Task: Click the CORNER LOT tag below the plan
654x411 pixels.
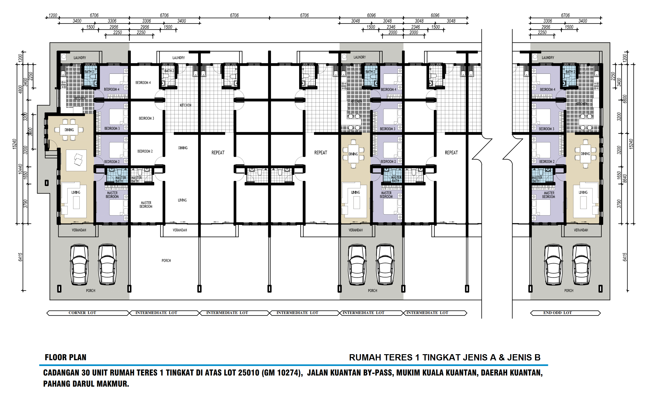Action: click(x=82, y=313)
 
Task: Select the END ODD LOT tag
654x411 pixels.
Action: click(x=558, y=313)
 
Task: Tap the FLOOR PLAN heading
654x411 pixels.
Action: click(x=65, y=357)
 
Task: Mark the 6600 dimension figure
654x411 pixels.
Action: click(x=625, y=99)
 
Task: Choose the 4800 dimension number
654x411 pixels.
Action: click(x=20, y=89)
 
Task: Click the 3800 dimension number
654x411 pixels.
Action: click(x=30, y=132)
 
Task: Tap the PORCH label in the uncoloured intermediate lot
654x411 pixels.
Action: click(x=166, y=260)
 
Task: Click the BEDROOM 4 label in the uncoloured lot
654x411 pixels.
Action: click(x=143, y=83)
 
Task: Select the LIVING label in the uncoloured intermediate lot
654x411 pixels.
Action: click(x=182, y=200)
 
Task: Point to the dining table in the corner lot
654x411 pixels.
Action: click(x=69, y=130)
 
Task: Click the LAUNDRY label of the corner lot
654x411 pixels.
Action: click(x=80, y=58)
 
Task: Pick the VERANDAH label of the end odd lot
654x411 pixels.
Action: click(x=581, y=230)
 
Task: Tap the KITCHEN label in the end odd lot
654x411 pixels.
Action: click(x=582, y=104)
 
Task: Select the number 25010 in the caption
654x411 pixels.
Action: click(x=249, y=372)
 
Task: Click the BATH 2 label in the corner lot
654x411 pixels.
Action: click(x=89, y=72)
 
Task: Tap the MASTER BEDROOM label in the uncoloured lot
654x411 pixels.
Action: click(x=146, y=205)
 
